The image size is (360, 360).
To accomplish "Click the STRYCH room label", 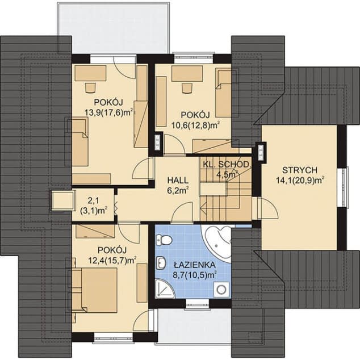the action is [x=300, y=170].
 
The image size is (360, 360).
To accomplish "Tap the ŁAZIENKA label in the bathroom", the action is [x=194, y=265].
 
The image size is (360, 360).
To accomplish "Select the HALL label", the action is [x=178, y=180].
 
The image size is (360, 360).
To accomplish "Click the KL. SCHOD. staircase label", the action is [x=226, y=165].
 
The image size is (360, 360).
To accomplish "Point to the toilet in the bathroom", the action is [x=164, y=240].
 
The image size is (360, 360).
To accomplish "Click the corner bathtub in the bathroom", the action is [x=218, y=242].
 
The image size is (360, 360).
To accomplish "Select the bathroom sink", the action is [x=161, y=263].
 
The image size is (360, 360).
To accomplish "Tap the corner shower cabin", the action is [x=165, y=288].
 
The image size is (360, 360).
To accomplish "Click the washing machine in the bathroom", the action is [x=221, y=290].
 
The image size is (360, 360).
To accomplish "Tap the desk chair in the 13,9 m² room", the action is [x=90, y=87].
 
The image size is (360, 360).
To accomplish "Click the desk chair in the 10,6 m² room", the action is [x=187, y=89].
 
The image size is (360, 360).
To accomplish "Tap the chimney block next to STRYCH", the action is [x=261, y=152].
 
